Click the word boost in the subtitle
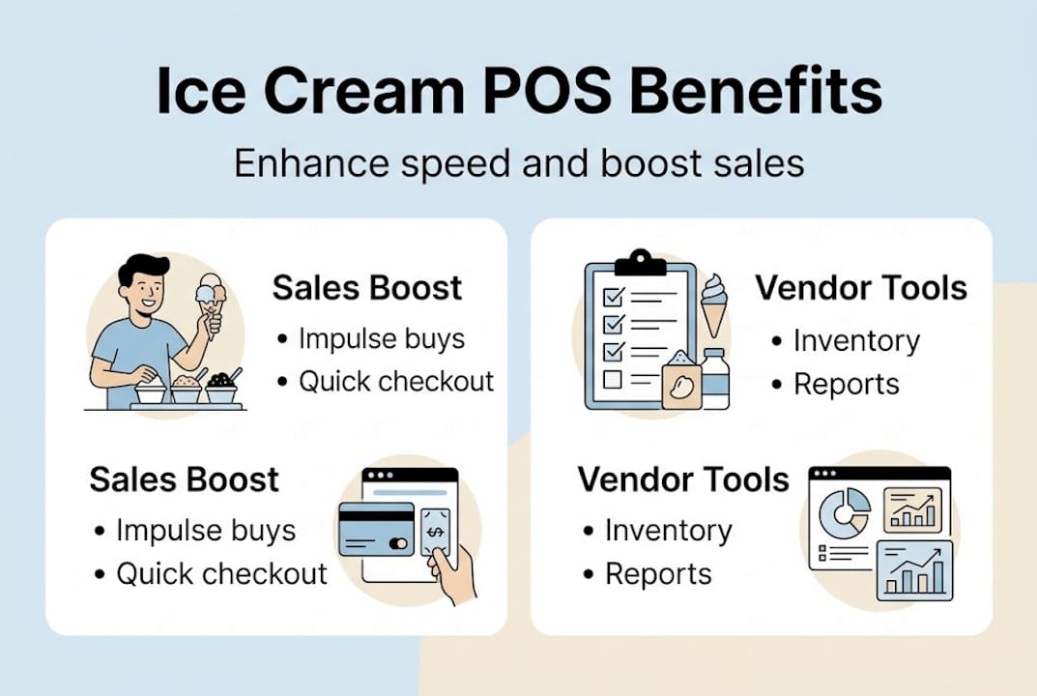pos(654,162)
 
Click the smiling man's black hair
pos(141,267)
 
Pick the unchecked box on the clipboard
pos(613,380)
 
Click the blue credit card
pos(376,529)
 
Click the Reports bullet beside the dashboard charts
pos(656,574)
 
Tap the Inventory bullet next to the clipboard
pos(854,341)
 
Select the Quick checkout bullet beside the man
pos(395,381)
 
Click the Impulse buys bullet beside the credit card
pos(205,531)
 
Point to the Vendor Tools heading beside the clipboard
pos(860,288)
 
